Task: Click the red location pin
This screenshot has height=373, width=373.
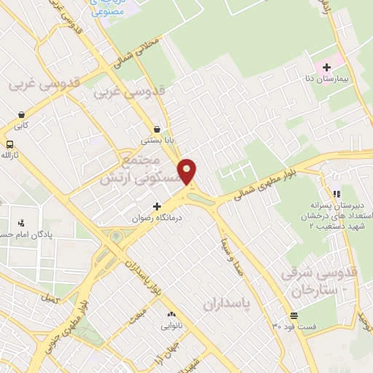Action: [x=188, y=170]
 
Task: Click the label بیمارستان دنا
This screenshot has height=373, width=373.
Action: [x=339, y=76]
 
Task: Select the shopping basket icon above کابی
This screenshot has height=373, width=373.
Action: [x=23, y=114]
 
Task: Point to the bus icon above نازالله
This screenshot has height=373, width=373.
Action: [x=10, y=144]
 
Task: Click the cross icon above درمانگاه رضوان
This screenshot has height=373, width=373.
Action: [x=157, y=207]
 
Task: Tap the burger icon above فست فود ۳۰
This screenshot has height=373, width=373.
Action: [x=293, y=315]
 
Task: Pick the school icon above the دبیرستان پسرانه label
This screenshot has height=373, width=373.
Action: [x=336, y=195]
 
